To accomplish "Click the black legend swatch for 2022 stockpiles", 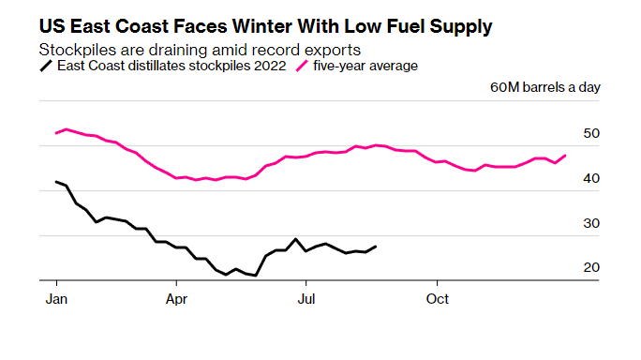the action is point(46,66).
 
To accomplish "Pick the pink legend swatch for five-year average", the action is point(302,66).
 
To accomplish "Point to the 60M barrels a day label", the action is point(545,87).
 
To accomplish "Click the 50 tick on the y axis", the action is point(591,133).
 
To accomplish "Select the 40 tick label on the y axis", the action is point(591,178).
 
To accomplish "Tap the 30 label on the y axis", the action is point(591,223).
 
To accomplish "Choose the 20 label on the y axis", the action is point(591,267).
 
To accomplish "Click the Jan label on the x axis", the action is point(56,299).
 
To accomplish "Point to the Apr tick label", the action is point(176,299).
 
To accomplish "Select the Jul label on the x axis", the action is point(306,299).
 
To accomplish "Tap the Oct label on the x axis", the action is point(438,299).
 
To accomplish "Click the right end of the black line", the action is point(376,247).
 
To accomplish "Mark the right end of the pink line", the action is point(565,156).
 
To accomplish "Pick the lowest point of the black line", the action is point(256,276).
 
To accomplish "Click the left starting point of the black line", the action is point(56,182).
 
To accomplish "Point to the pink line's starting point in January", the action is point(56,133).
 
